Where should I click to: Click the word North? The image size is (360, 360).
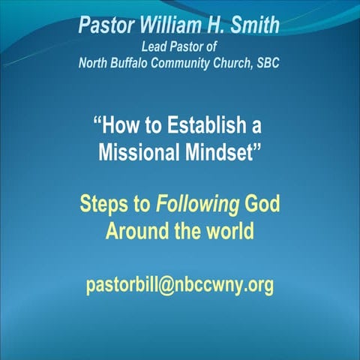point(95,63)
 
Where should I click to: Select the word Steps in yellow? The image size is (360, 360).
point(104,204)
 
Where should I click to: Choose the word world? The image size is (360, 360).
point(228,232)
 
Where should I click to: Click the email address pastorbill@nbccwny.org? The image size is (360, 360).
point(180,286)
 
